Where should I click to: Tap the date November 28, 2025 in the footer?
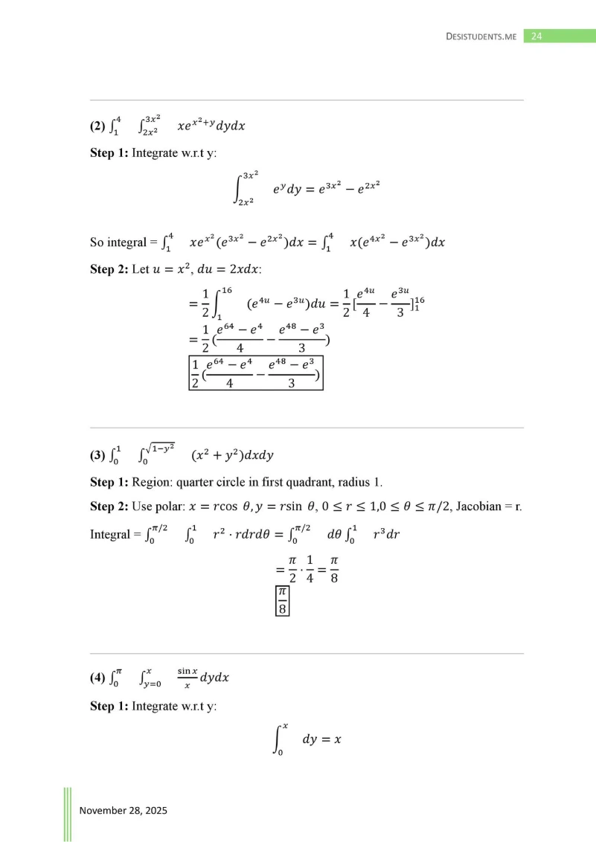point(124,810)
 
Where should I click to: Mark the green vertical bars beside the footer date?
point(67,814)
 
